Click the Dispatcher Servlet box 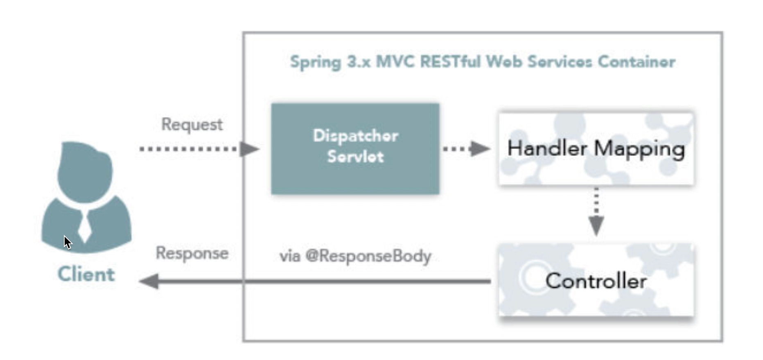click(355, 148)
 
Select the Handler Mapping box click(596, 148)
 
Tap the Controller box click(596, 281)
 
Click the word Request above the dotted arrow click(192, 124)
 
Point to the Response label click(192, 253)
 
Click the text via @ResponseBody click(355, 256)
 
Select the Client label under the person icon click(86, 274)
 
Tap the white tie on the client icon click(85, 227)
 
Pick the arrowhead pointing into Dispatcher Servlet click(249, 148)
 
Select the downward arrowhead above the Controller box click(596, 225)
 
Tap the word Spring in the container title click(315, 62)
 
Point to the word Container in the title click(636, 62)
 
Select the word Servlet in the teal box click(355, 157)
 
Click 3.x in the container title click(359, 62)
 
